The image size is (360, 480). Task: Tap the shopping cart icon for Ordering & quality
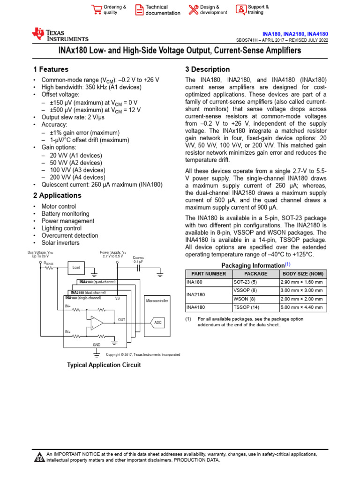[97, 10]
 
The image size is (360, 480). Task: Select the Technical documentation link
[162, 10]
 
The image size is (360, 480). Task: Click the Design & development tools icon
[193, 10]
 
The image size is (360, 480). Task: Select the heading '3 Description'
[208, 69]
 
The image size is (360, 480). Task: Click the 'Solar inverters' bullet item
[60, 243]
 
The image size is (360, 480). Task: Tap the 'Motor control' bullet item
[59, 206]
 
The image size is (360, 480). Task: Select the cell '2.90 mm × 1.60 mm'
[303, 282]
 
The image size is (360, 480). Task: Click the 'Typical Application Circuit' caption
[104, 365]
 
